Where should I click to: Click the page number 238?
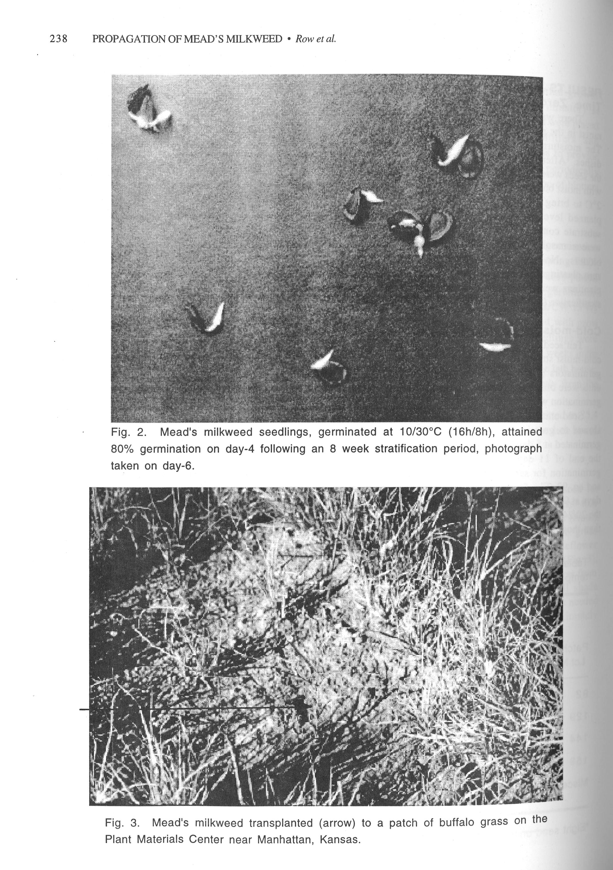58,39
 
